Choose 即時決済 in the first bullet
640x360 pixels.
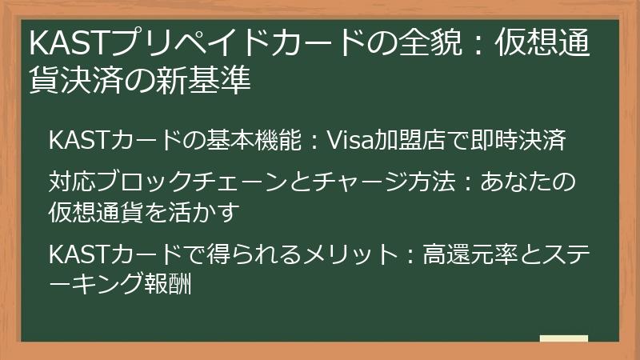tap(519, 141)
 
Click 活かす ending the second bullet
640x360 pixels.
tap(209, 212)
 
